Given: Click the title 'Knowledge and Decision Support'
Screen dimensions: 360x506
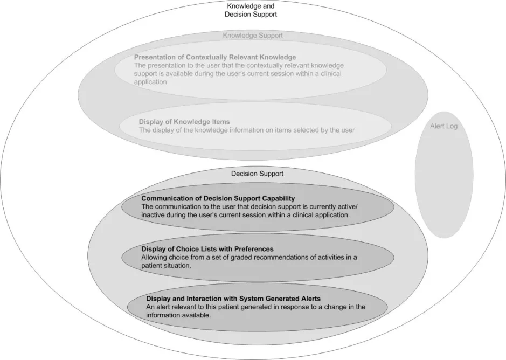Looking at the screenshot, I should [x=251, y=10].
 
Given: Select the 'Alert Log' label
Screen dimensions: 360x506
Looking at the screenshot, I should [x=443, y=126].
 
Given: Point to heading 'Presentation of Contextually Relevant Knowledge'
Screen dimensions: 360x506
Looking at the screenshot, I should [x=214, y=57].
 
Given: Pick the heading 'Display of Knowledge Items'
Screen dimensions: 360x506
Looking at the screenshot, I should [x=184, y=122].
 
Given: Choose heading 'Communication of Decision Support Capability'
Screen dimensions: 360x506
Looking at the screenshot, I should [x=218, y=199].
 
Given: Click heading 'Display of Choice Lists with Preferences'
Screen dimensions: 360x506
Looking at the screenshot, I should [x=207, y=249].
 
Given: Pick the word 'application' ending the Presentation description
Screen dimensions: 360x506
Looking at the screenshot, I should [x=150, y=83].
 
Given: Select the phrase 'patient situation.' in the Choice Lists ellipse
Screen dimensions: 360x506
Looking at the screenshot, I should [x=167, y=265].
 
